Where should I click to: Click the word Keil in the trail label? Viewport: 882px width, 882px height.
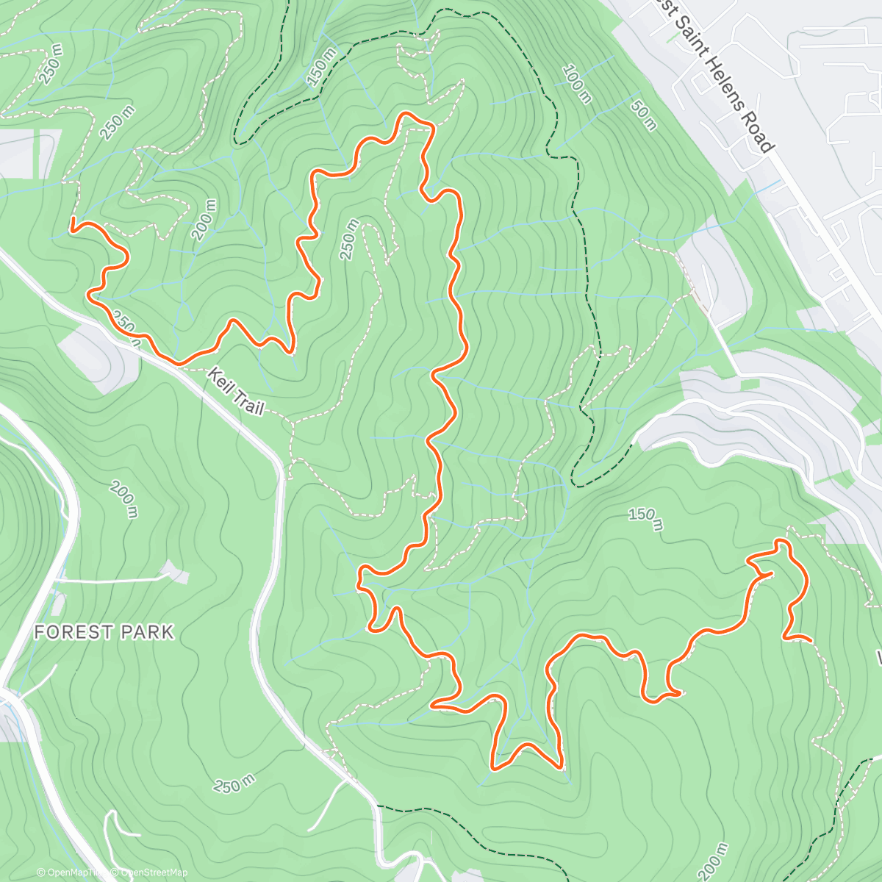pyautogui.click(x=220, y=383)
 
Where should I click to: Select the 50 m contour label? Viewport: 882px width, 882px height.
pyautogui.click(x=642, y=115)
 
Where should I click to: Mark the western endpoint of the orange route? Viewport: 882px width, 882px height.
pyautogui.click(x=73, y=229)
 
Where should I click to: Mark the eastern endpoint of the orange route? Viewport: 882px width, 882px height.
pyautogui.click(x=810, y=641)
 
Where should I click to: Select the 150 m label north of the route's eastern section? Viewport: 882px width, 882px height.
pyautogui.click(x=645, y=517)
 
